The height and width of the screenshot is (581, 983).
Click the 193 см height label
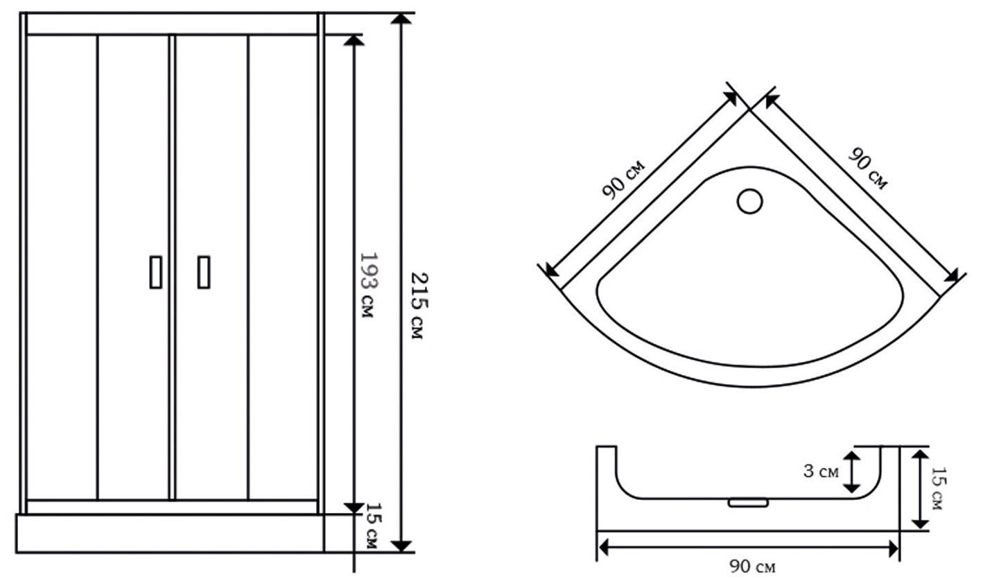point(367,285)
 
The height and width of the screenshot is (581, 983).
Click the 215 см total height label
point(419,306)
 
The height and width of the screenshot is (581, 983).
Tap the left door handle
point(156,272)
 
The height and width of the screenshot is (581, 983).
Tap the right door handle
point(204,272)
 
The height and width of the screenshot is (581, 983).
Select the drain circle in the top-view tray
point(749,202)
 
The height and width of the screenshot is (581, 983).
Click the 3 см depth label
point(821,471)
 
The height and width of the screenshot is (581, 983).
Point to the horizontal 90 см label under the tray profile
point(752,566)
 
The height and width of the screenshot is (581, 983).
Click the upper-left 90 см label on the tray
point(623,180)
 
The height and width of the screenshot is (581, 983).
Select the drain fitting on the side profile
point(748,503)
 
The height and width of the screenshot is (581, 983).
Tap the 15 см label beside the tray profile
point(938,488)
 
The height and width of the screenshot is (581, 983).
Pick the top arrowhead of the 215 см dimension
point(401,19)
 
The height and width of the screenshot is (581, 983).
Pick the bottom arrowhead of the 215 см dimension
point(401,546)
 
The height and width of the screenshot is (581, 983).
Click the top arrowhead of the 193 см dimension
point(354,40)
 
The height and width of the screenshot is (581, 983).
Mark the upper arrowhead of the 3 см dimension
point(852,456)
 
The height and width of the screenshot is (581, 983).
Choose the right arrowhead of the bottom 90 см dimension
point(893,548)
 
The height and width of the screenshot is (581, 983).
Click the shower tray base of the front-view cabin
point(171,534)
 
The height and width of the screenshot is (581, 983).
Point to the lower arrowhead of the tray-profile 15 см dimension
point(920,524)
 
